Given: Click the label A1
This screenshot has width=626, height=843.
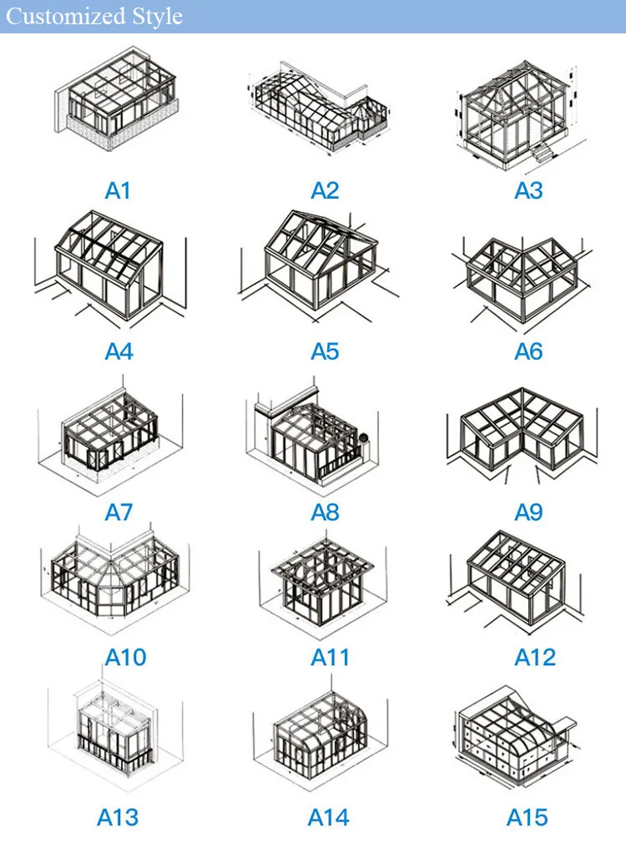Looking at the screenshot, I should coord(118,191).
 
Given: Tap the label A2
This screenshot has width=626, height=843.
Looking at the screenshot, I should coord(325,191).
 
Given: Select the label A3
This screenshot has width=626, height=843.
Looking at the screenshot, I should coord(528,191).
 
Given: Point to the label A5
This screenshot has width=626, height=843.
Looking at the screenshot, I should coord(325,351).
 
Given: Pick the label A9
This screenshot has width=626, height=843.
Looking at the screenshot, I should coord(528,512).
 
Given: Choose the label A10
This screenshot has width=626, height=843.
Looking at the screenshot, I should coord(125,658).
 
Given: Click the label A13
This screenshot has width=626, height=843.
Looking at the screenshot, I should coord(118,817).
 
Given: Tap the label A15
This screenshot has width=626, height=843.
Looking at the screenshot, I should coord(528,817).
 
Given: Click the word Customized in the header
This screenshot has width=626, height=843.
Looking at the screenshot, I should coord(64,17).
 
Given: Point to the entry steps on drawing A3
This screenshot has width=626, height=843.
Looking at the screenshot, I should coord(542,153).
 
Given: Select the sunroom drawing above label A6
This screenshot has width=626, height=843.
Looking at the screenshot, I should coord(524,275).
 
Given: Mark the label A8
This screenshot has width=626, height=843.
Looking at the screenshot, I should coord(325,512).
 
